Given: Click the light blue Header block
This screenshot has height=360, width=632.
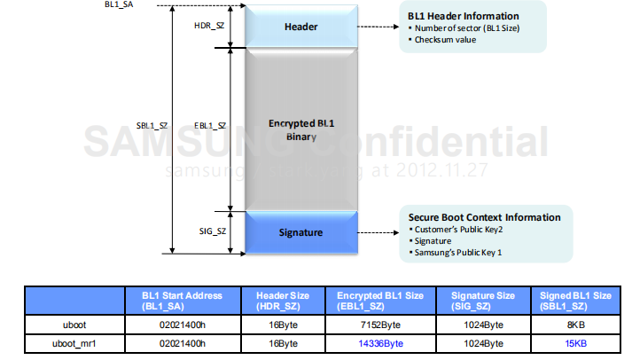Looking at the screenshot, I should coord(302,27).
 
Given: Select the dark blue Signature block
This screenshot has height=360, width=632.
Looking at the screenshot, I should coord(302,233).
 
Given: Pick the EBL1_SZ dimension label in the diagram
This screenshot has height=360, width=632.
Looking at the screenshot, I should coord(210,126).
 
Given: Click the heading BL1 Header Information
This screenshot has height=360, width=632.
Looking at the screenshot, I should coord(463,16).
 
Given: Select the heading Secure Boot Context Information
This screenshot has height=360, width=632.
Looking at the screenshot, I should coord(484,217).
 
